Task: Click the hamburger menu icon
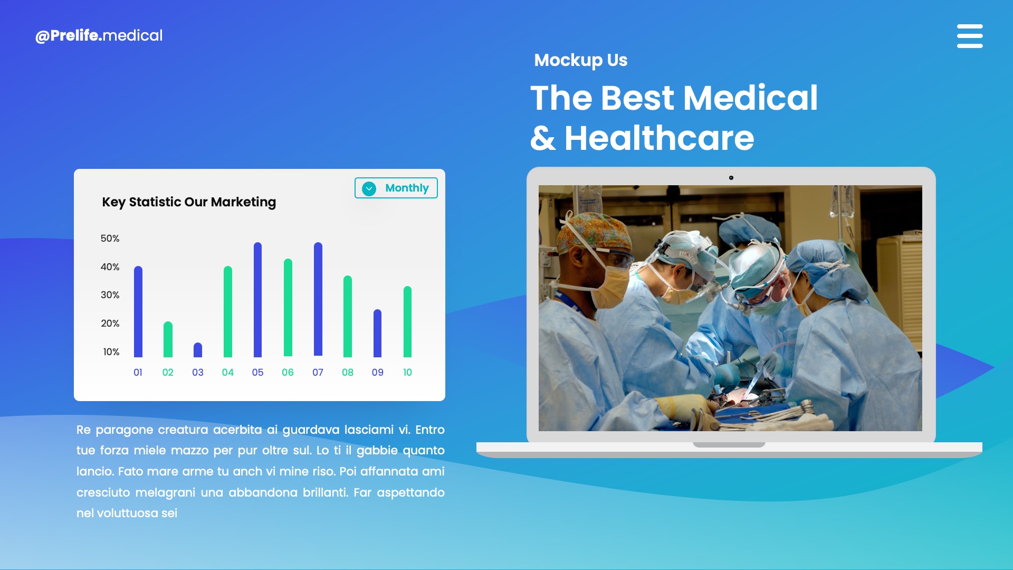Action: (970, 36)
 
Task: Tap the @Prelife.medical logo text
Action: (99, 35)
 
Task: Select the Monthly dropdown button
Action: (396, 188)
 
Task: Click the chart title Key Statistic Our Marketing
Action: (189, 202)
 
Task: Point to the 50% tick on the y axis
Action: (110, 239)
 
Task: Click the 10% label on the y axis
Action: (111, 352)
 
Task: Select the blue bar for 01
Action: (138, 311)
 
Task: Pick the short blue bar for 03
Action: (198, 350)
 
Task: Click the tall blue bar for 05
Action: (257, 300)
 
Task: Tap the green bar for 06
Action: (288, 308)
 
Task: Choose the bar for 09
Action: (377, 333)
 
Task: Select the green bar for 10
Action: (407, 321)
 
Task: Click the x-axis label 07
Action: (318, 373)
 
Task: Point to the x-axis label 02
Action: (168, 373)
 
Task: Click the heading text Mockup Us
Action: (580, 60)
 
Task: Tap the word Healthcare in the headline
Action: (659, 138)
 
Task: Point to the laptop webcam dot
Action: (731, 178)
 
